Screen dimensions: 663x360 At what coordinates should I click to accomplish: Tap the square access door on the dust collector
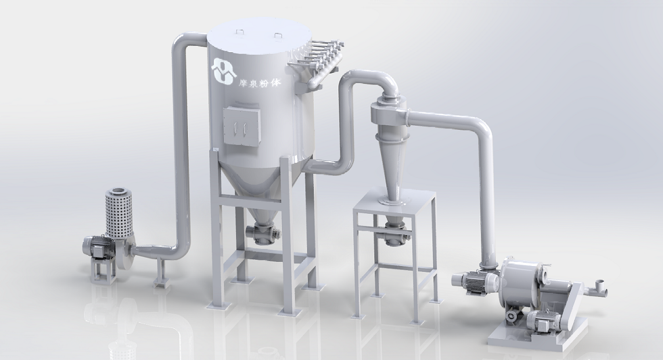click(241, 125)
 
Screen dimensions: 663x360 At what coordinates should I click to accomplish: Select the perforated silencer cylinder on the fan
click(118, 213)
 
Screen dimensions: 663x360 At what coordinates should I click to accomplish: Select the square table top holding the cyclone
click(394, 202)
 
